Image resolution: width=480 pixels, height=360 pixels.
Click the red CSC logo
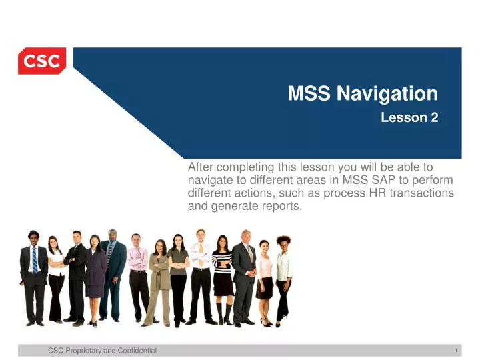coord(42,61)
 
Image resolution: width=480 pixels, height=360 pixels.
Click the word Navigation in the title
coord(387,94)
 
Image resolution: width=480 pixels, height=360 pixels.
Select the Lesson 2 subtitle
coord(409,118)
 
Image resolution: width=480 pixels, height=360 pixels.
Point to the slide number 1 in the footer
coord(453,350)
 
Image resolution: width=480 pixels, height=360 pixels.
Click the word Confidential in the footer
coord(134,350)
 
